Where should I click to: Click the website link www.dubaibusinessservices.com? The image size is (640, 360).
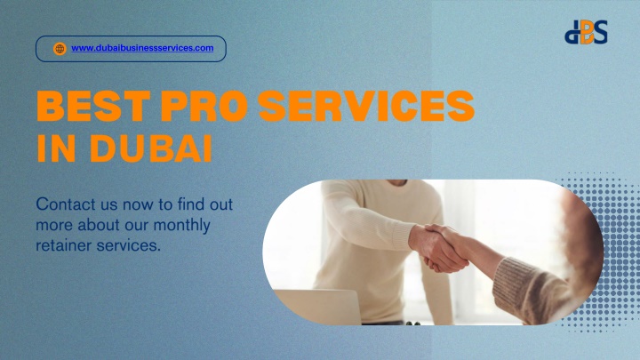point(142,48)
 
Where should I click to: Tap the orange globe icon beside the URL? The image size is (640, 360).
point(60,49)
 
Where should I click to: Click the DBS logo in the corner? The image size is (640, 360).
point(586,32)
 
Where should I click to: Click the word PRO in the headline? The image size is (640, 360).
point(204,106)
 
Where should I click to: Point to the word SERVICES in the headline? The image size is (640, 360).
point(366,106)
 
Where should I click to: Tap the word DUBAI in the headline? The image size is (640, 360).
point(150,148)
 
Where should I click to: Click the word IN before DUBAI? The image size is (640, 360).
point(56,148)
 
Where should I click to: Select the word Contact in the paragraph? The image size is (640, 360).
point(66,204)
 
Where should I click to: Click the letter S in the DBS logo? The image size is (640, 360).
point(599,31)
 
